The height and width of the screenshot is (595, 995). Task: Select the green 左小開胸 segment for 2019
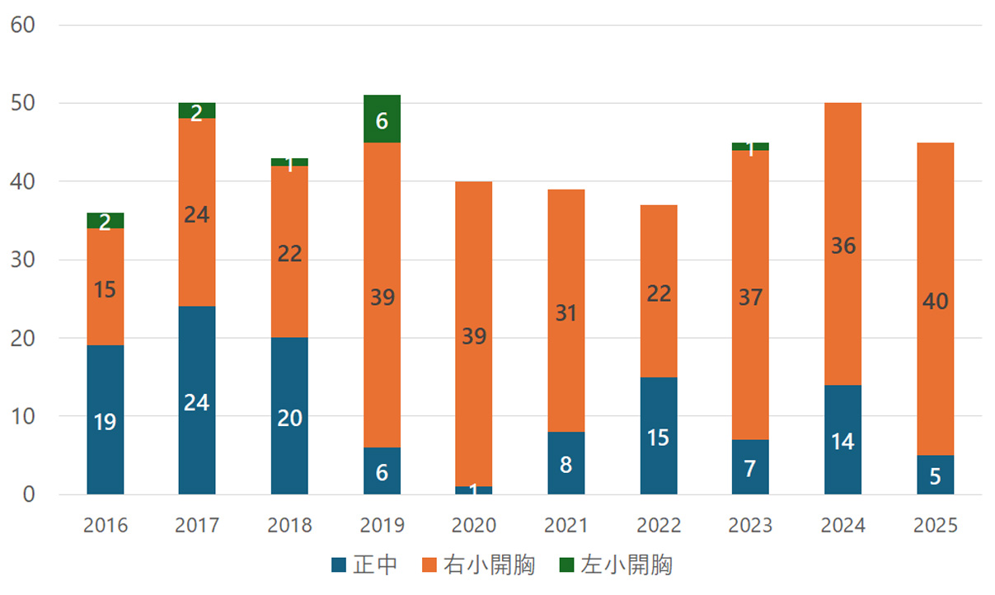click(x=382, y=119)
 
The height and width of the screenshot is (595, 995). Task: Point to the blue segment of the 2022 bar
click(x=659, y=436)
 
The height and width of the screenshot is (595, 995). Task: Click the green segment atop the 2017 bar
click(x=197, y=110)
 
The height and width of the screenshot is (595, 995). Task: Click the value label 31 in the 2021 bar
click(x=566, y=313)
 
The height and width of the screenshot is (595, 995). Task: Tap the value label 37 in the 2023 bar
click(x=750, y=297)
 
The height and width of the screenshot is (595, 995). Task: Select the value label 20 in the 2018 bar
click(x=289, y=418)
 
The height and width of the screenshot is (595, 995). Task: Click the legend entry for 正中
click(x=364, y=565)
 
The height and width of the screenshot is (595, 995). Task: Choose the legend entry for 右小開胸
click(x=477, y=565)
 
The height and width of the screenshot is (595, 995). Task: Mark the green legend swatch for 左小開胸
click(x=566, y=565)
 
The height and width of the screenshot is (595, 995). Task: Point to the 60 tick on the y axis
click(x=22, y=25)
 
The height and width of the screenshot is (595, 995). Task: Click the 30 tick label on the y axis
click(x=22, y=260)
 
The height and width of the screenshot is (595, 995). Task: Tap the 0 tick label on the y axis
click(x=29, y=494)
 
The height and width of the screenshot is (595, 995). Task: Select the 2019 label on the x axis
click(x=382, y=526)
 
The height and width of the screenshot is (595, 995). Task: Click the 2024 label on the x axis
click(x=843, y=526)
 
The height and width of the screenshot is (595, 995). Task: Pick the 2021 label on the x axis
click(x=566, y=526)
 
